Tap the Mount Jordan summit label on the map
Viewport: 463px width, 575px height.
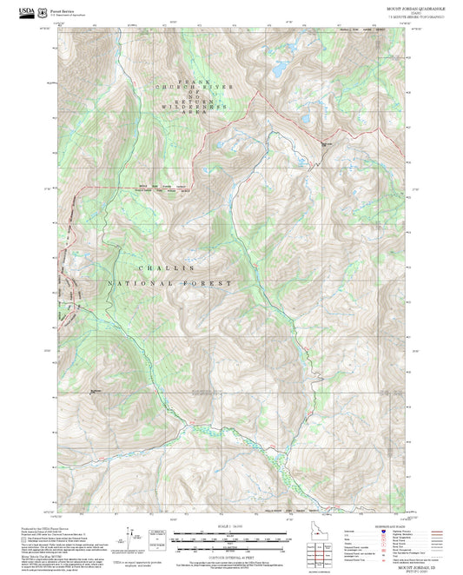click(x=327, y=143)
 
